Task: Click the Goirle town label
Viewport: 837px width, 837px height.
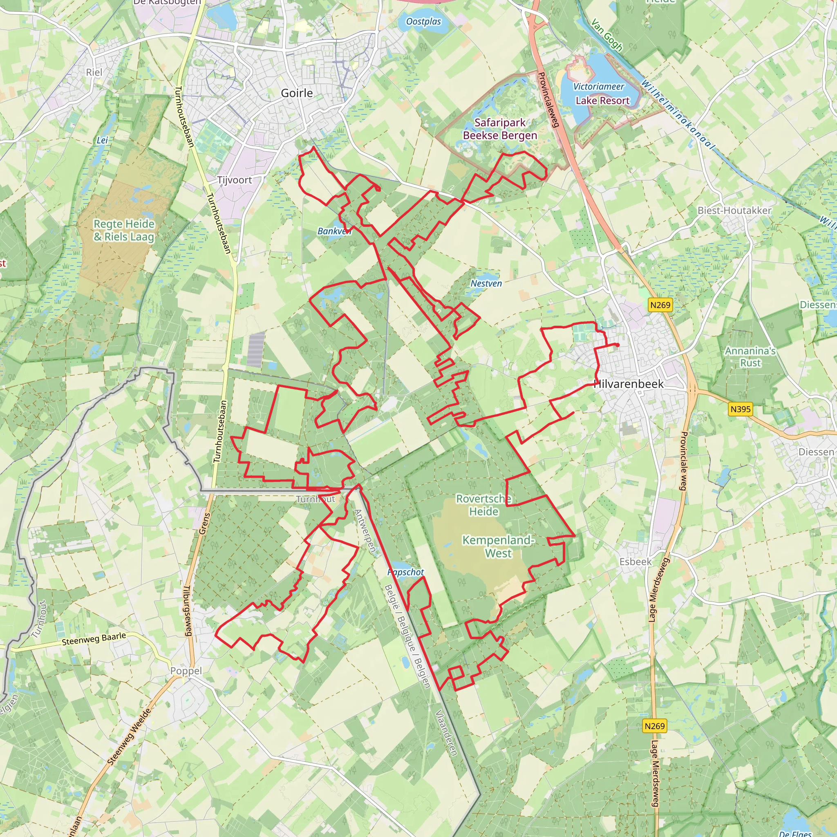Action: [297, 93]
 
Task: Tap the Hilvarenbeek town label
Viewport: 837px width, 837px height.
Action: [629, 384]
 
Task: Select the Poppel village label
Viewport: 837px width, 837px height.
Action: [186, 671]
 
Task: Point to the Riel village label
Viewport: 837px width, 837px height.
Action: [94, 72]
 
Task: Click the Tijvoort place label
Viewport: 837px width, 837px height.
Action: [234, 180]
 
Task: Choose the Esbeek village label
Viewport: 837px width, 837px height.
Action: [635, 562]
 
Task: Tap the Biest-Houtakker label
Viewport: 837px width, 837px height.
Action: [734, 210]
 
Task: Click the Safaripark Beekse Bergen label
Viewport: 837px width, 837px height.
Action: [500, 129]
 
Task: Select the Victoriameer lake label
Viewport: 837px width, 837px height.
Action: [598, 87]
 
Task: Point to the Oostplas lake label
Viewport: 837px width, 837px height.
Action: [423, 22]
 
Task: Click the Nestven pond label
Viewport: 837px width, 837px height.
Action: [486, 283]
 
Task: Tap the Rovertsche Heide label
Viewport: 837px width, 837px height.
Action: [483, 505]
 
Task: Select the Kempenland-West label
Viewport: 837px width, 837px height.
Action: [498, 547]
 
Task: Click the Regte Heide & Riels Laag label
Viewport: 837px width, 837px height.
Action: [124, 231]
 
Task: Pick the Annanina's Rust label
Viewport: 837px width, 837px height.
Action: [750, 356]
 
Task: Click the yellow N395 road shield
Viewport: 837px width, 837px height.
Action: [741, 409]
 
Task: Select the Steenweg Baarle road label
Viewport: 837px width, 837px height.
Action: [94, 639]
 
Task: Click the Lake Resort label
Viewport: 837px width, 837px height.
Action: [602, 101]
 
